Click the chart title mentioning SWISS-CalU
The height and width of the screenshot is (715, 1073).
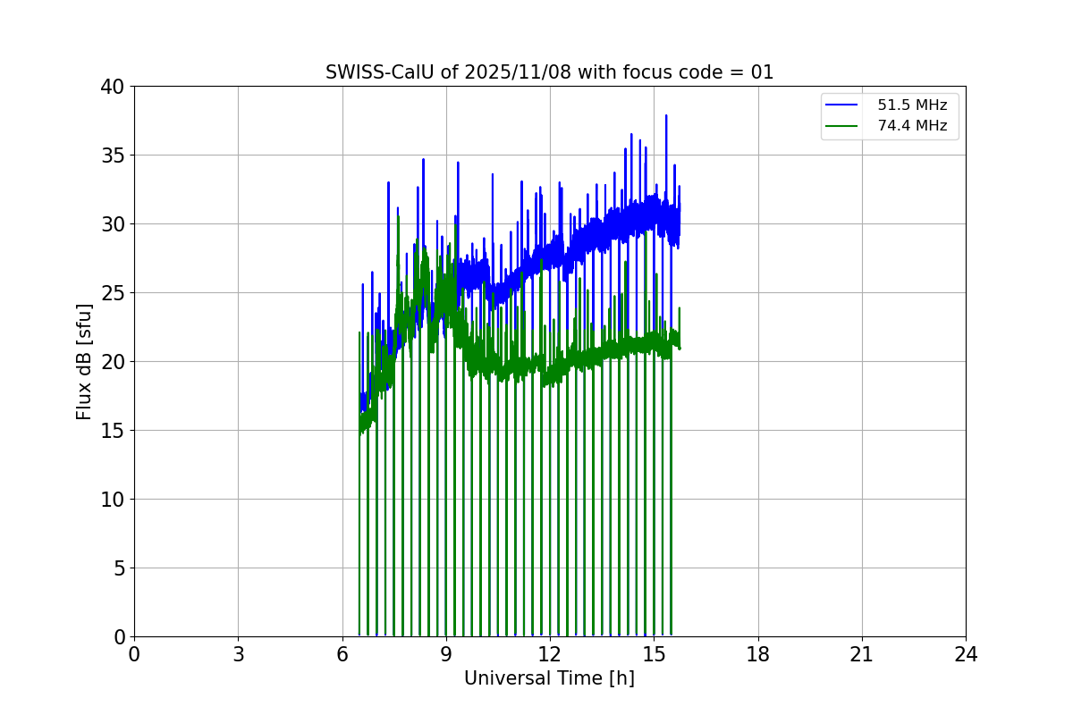click(x=549, y=72)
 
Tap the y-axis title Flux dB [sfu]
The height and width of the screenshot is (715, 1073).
click(x=84, y=361)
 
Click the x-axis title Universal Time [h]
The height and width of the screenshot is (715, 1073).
click(x=549, y=678)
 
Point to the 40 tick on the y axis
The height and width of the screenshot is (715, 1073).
click(x=114, y=87)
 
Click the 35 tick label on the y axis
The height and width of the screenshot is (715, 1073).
click(x=114, y=156)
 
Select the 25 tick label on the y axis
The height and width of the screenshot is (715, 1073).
click(x=114, y=293)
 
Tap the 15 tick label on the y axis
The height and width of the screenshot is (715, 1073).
click(x=114, y=431)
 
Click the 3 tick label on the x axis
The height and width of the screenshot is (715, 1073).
click(x=238, y=654)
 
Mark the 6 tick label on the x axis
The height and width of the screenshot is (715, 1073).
click(x=342, y=654)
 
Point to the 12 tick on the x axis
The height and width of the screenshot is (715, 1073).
click(x=550, y=654)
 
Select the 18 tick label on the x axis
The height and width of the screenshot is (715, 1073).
click(x=757, y=654)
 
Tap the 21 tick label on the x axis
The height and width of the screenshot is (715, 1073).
click(x=862, y=654)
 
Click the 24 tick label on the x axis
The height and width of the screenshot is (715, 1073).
click(x=966, y=654)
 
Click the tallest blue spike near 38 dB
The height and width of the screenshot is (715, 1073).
click(x=666, y=116)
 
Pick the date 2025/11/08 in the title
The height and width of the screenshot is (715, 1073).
click(x=518, y=72)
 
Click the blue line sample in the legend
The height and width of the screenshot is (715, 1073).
click(x=843, y=105)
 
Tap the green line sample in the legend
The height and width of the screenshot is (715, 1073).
click(x=843, y=126)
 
